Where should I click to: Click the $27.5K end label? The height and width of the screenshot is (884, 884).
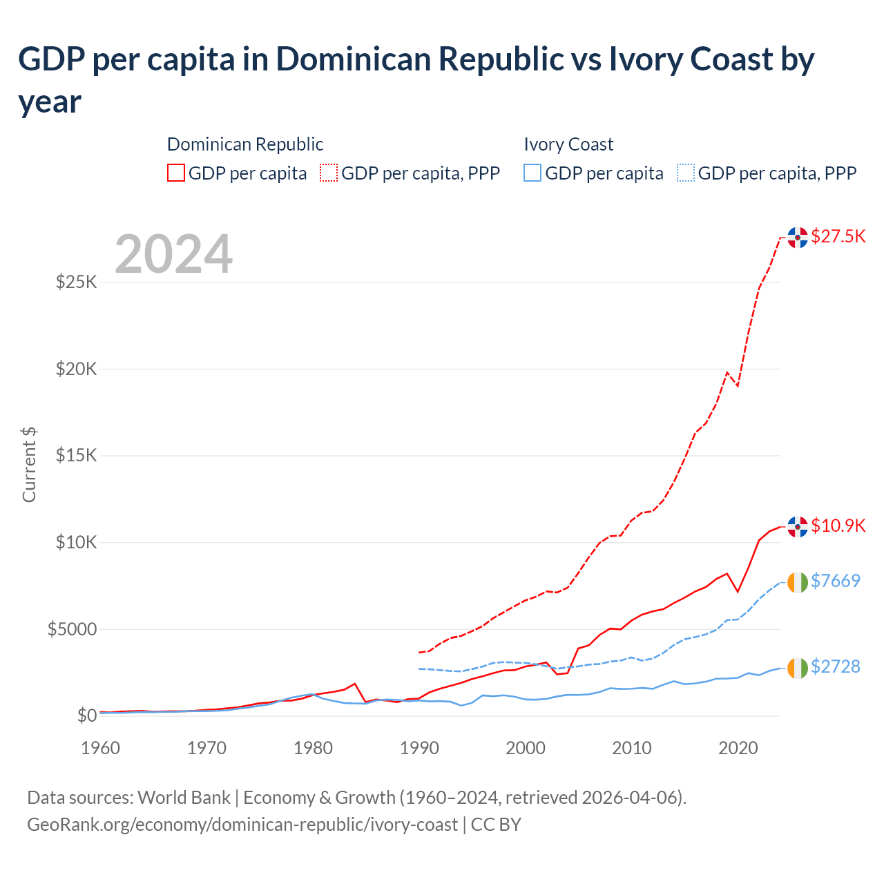[x=838, y=236]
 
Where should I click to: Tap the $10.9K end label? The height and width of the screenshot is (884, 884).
[x=838, y=526]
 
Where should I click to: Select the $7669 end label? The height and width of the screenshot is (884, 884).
[x=835, y=581]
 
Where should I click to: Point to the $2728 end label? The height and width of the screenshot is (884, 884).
[x=835, y=666]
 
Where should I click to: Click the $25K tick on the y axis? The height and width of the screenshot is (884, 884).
[x=76, y=282]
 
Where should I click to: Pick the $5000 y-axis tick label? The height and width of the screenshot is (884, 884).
[x=72, y=629]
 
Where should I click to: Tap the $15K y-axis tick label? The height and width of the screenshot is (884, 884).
[x=76, y=456]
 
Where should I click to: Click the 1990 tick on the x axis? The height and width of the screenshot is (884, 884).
[x=419, y=748]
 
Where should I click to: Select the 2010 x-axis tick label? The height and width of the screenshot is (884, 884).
[x=632, y=748]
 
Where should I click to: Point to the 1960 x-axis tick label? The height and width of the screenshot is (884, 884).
[x=101, y=748]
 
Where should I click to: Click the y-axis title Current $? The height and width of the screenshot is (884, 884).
[x=29, y=465]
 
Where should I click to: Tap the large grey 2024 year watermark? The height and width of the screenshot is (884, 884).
[x=173, y=254]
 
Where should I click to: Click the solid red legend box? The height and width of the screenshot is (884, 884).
[x=176, y=173]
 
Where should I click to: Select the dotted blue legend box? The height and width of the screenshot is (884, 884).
[x=686, y=173]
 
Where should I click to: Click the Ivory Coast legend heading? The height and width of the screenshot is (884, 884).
[x=568, y=144]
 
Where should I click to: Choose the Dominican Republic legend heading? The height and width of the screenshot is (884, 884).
[x=245, y=144]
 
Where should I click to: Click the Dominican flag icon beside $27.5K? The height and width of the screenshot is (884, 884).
[x=798, y=237]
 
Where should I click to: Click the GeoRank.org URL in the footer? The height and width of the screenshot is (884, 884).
[x=242, y=825]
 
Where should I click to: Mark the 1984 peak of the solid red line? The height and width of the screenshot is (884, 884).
[x=355, y=684]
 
